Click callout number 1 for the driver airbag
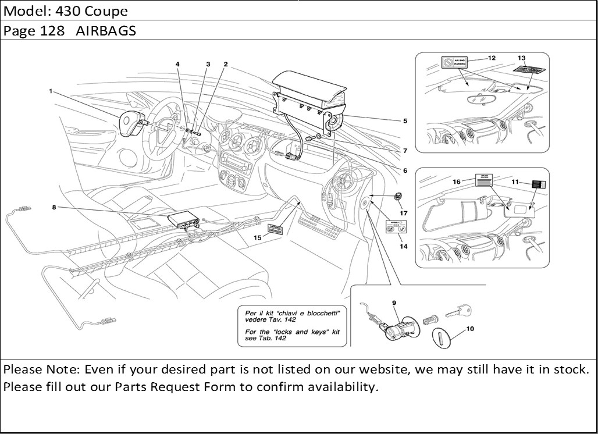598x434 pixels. pyautogui.click(x=51, y=91)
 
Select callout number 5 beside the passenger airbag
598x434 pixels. pyautogui.click(x=405, y=121)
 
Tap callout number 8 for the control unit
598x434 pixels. pyautogui.click(x=54, y=207)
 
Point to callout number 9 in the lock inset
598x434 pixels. pyautogui.click(x=394, y=303)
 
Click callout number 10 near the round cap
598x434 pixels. pyautogui.click(x=470, y=329)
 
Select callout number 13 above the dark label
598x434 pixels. pyautogui.click(x=521, y=58)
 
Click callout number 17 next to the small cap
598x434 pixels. pyautogui.click(x=403, y=213)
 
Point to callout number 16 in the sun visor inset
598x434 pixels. pyautogui.click(x=457, y=182)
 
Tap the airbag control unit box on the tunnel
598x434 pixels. pyautogui.click(x=183, y=220)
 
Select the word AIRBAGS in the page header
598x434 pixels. pyautogui.click(x=106, y=31)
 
